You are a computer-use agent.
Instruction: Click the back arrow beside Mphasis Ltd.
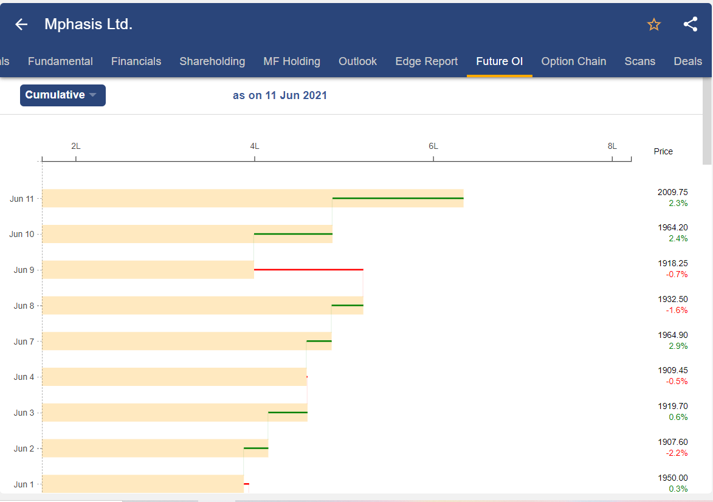(x=21, y=24)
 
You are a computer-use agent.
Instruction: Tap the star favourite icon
(x=654, y=24)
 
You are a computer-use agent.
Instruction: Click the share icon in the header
(x=690, y=24)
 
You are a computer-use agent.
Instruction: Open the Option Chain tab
(x=573, y=61)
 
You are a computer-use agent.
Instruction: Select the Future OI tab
(x=499, y=61)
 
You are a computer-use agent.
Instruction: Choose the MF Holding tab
(x=292, y=61)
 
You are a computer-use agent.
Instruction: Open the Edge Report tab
(x=426, y=61)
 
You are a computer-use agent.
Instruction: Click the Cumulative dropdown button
(x=63, y=95)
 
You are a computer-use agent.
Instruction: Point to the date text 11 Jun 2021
(x=296, y=95)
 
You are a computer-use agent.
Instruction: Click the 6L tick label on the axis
(x=433, y=146)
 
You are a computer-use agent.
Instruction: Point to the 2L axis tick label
(x=76, y=146)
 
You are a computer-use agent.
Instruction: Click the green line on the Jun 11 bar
(x=398, y=198)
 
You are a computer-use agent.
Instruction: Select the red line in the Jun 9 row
(x=308, y=269)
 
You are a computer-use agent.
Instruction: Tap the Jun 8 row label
(x=24, y=306)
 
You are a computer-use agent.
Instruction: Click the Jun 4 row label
(x=24, y=377)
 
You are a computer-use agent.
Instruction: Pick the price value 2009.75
(x=672, y=192)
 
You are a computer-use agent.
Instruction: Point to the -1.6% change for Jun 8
(x=677, y=310)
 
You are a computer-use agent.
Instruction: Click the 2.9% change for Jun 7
(x=678, y=346)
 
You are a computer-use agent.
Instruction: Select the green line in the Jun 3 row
(x=288, y=413)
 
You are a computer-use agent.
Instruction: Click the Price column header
(x=663, y=151)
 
